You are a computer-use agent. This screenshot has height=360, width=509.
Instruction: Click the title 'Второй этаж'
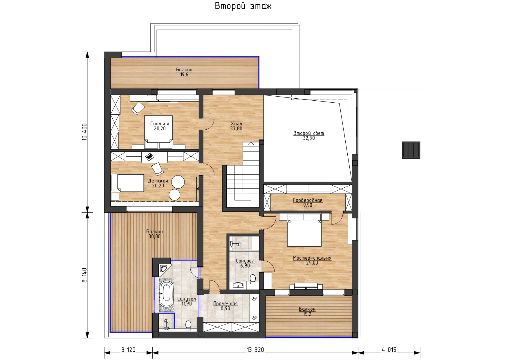click(x=243, y=6)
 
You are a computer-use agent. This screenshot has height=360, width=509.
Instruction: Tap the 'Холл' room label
click(x=236, y=124)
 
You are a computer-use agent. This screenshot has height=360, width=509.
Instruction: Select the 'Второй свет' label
click(x=308, y=133)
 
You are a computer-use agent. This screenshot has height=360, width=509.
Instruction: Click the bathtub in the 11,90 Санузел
click(x=167, y=293)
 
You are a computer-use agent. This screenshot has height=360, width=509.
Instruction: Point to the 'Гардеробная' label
click(x=308, y=200)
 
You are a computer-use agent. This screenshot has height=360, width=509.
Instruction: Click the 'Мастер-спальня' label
click(x=312, y=258)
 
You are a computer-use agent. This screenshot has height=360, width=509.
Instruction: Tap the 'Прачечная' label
click(x=225, y=304)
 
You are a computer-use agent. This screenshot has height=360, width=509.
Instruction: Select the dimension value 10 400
click(x=84, y=132)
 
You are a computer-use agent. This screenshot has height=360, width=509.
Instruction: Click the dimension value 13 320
click(x=255, y=350)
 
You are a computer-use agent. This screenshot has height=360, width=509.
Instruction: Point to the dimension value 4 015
click(x=389, y=350)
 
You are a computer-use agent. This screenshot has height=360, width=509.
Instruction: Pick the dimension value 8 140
click(x=84, y=275)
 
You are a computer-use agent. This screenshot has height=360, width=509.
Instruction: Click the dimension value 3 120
click(x=128, y=350)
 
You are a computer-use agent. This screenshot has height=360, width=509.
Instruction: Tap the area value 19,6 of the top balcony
click(x=184, y=75)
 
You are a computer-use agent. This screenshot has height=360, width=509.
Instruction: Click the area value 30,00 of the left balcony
click(x=154, y=236)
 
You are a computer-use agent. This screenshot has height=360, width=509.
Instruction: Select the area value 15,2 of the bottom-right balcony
click(x=307, y=314)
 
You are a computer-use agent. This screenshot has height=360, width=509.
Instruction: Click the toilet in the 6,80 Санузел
click(x=252, y=279)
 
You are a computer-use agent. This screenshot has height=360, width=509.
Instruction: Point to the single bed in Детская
click(x=128, y=183)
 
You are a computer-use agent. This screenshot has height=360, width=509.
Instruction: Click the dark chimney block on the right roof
click(x=411, y=150)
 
